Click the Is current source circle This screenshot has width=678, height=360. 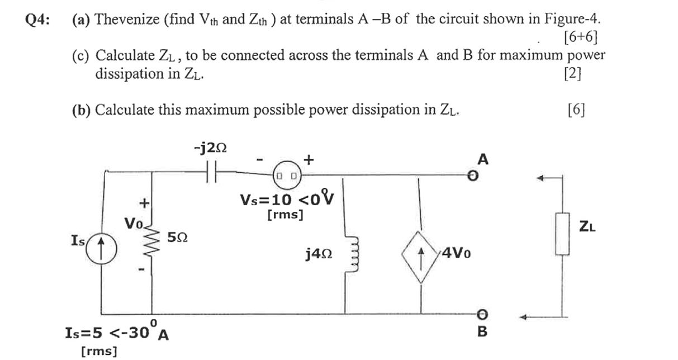pyautogui.click(x=103, y=247)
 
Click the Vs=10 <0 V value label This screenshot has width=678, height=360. pyautogui.click(x=287, y=199)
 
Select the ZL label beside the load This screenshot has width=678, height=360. pyautogui.click(x=586, y=226)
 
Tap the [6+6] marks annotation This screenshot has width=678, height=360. pyautogui.click(x=582, y=39)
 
